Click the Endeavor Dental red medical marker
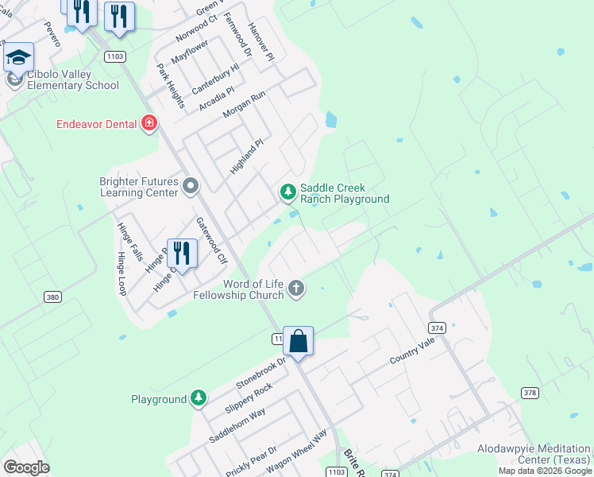148,123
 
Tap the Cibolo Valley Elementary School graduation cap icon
19,58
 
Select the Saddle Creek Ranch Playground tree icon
287,191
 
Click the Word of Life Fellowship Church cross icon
296,288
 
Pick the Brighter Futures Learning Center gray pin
190,187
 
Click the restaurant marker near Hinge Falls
182,254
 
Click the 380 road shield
52,297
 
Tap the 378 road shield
530,393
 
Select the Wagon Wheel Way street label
297,452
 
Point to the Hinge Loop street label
121,273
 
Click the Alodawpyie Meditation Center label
534,454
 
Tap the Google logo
26,467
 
